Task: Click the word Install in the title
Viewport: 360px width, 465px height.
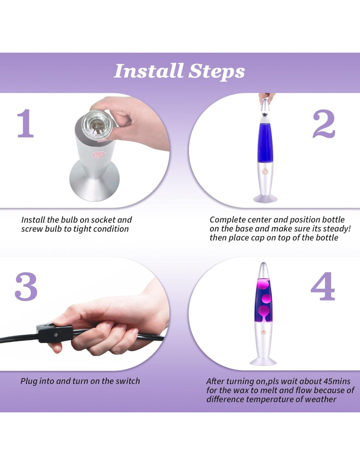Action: pyautogui.click(x=148, y=71)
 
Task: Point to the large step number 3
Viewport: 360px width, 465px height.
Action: pyautogui.click(x=26, y=286)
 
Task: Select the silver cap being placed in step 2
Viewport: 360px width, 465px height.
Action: pyautogui.click(x=266, y=108)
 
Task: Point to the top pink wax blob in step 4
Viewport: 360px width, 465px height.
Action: pyautogui.click(x=265, y=285)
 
